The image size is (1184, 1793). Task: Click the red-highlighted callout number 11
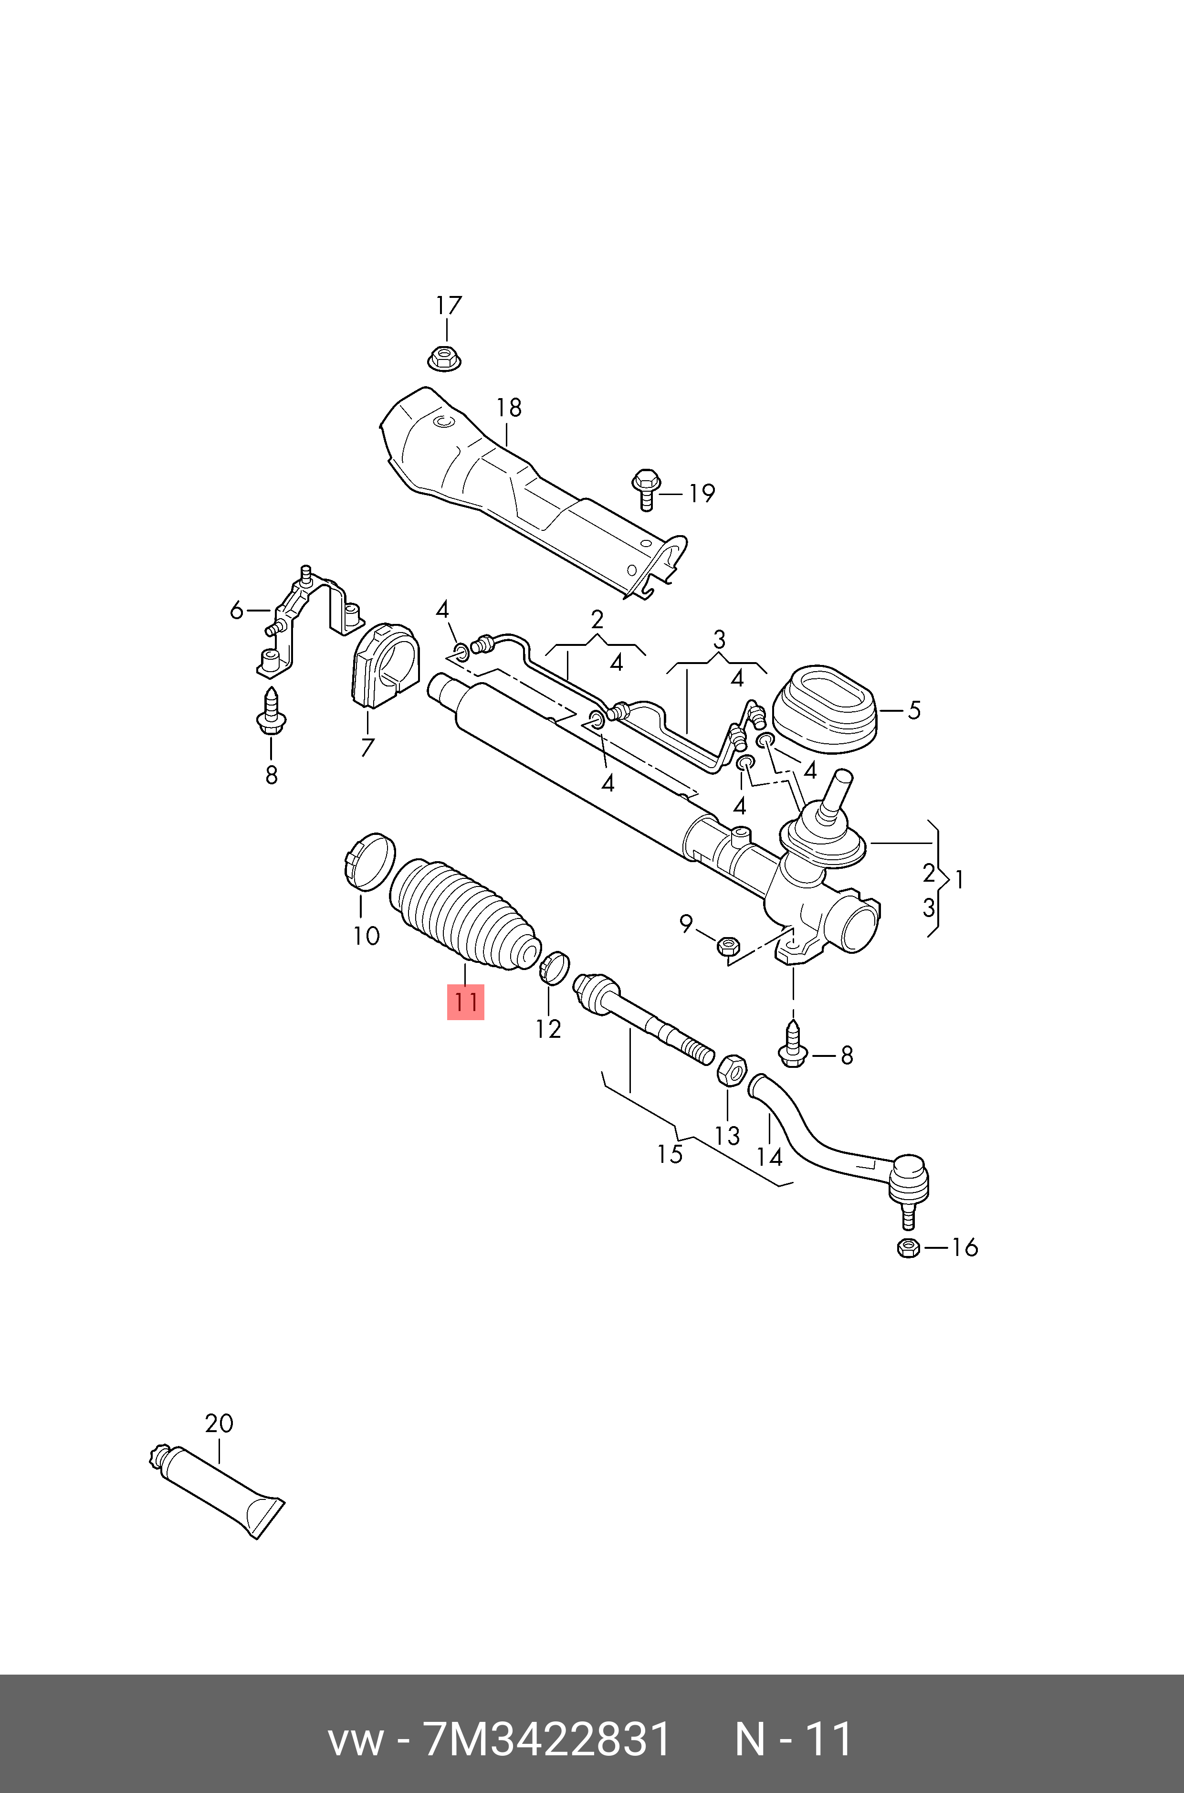coord(465,1002)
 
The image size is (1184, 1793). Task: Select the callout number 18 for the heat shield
coord(508,408)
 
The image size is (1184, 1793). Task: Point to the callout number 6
coord(236,610)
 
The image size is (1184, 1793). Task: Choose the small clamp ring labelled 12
coord(554,968)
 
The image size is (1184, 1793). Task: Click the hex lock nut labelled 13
coord(731,1071)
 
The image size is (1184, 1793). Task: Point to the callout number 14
coord(769,1157)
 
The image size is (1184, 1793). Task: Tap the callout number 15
coord(670,1154)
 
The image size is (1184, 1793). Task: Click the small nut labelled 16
coord(908,1248)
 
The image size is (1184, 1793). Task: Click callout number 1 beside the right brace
coord(959,879)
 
